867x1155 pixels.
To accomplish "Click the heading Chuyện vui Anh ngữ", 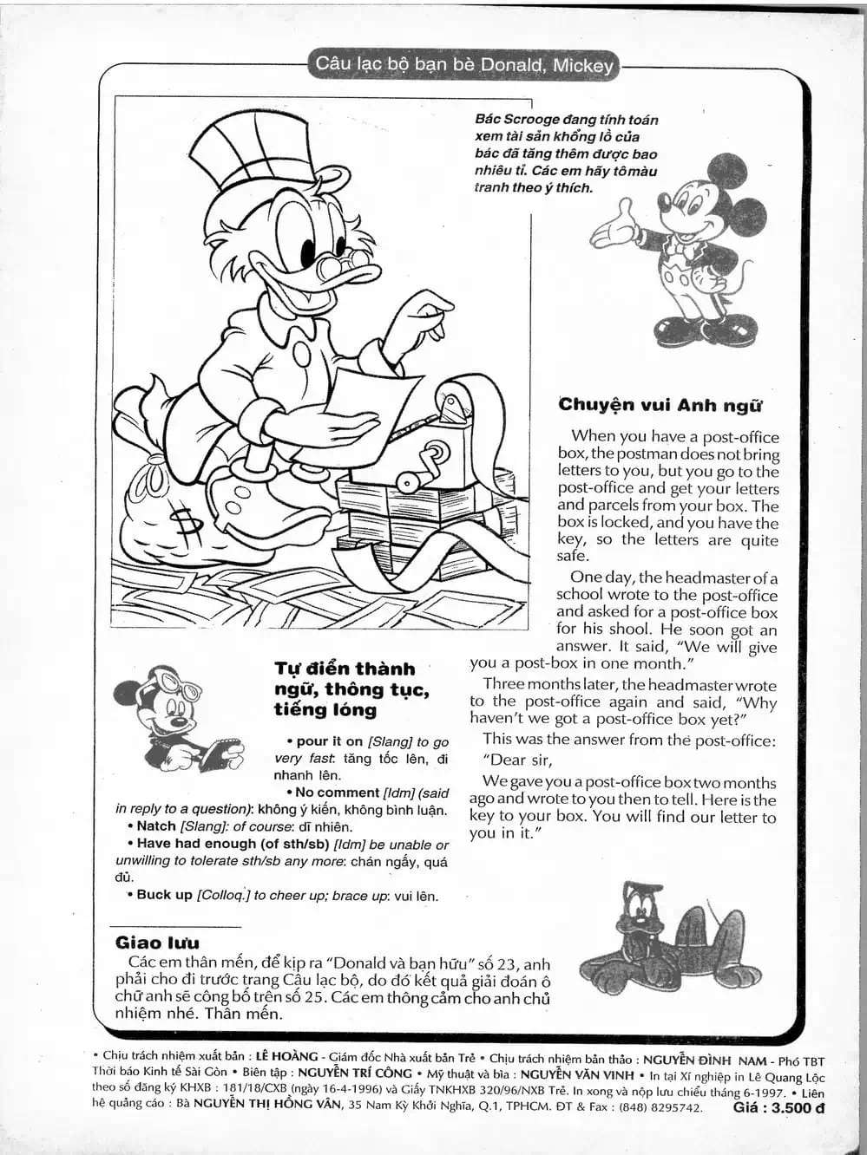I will click(660, 405).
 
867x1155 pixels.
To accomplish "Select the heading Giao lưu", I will click(157, 943).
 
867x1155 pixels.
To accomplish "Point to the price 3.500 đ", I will click(778, 1107).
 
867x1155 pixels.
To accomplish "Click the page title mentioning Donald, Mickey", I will click(464, 64).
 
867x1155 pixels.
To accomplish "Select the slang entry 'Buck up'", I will click(164, 895).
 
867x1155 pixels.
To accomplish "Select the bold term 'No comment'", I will click(338, 793).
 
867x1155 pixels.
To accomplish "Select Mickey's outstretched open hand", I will click(612, 225).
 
